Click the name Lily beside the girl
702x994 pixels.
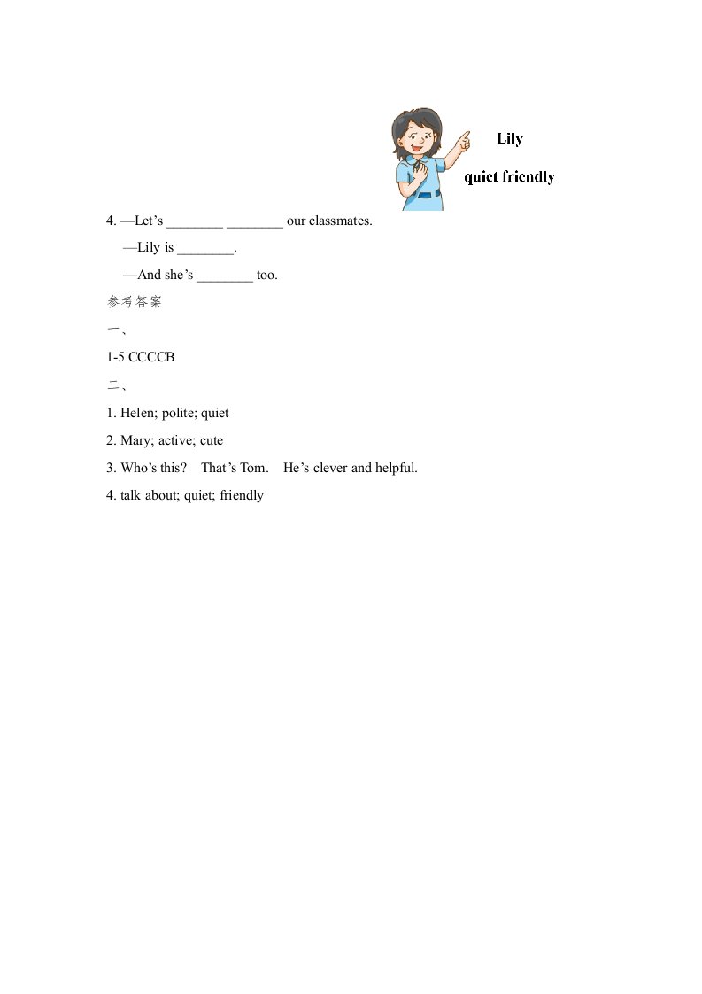click(510, 139)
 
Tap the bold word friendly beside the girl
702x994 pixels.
click(528, 177)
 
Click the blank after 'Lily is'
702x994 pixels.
click(205, 249)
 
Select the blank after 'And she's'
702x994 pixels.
click(225, 276)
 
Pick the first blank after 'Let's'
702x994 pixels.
click(195, 221)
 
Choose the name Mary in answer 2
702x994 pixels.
click(136, 440)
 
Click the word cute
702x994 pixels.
click(212, 440)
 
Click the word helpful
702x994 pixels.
click(396, 468)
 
